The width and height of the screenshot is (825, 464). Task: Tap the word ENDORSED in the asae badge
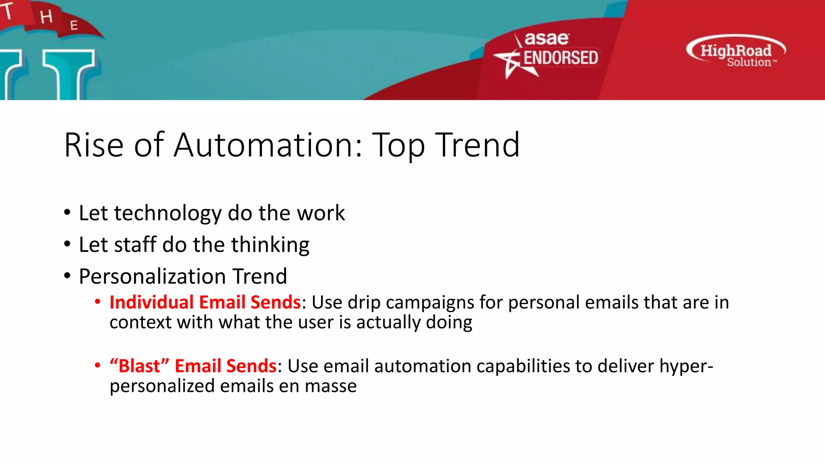560,58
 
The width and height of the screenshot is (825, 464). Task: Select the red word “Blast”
139,366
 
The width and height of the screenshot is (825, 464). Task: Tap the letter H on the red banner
46,17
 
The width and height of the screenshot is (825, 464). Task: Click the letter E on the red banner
74,25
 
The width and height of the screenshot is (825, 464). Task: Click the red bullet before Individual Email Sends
97,302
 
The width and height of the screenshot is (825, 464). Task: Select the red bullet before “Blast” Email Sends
97,365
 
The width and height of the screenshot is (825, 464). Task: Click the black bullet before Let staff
67,244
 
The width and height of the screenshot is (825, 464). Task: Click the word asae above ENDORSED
546,39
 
